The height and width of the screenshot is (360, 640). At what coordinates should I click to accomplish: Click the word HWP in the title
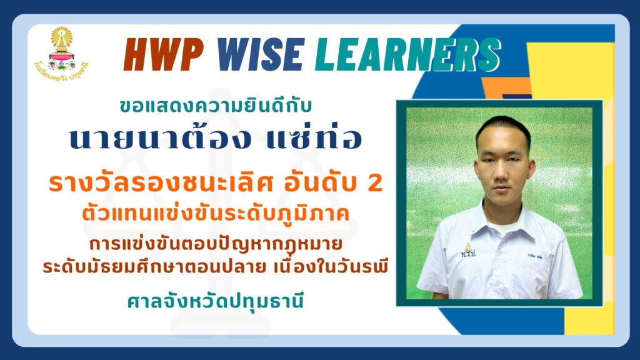[164, 55]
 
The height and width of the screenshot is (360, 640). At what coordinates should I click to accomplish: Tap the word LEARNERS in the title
[408, 55]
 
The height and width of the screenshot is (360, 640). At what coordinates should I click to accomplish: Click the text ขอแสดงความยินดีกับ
[216, 106]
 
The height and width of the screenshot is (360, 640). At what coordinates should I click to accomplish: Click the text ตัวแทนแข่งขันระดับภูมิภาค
[216, 214]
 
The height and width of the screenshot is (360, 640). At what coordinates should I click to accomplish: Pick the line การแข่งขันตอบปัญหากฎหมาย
[216, 244]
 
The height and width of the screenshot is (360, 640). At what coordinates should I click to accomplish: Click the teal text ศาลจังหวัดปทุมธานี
[216, 302]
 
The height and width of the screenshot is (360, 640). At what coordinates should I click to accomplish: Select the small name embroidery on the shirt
[534, 257]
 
